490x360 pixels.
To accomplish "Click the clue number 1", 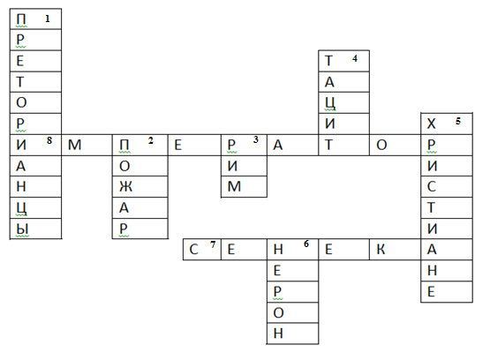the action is (48, 19).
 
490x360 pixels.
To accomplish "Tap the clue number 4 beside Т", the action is (355, 58).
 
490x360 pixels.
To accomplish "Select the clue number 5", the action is (458, 121).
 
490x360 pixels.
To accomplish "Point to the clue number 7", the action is (213, 244).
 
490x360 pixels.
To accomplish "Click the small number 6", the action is (306, 244).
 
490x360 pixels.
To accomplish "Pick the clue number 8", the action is (49, 140).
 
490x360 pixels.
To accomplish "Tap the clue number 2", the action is (151, 140).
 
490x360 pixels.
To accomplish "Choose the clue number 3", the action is (256, 139).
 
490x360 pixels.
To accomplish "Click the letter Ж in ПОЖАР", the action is (125, 187).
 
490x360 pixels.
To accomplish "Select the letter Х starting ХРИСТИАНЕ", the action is (431, 124).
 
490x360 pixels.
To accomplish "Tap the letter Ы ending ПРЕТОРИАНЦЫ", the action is (22, 229).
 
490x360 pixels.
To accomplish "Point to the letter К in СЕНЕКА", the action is (381, 250).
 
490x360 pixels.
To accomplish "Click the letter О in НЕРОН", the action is (278, 313).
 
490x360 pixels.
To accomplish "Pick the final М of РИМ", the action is (234, 187).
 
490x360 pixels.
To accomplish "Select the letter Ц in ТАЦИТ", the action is (330, 103).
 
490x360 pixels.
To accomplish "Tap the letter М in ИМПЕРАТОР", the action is (74, 145).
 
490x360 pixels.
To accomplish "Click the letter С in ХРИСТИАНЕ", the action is (431, 187).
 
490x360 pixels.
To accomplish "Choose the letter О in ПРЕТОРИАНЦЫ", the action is (21, 102).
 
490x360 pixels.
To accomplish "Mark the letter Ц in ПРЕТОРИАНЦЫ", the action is (21, 208).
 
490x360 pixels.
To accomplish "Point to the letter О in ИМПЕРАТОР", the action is (381, 145).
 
